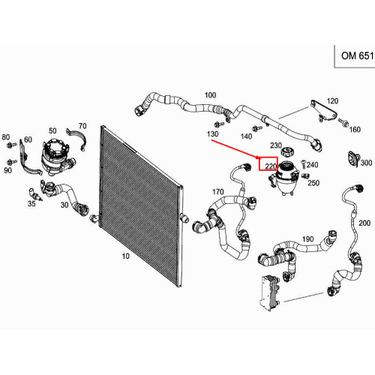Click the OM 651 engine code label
(x=358, y=55)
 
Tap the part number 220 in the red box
(x=271, y=166)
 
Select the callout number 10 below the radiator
(x=126, y=256)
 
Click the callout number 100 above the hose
(x=210, y=95)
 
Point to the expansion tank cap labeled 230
(x=286, y=151)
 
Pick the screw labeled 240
(x=303, y=163)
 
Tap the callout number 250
(x=313, y=183)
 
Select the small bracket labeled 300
(x=353, y=158)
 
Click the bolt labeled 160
(x=343, y=122)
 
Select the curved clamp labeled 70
(x=76, y=139)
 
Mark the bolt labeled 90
(x=12, y=162)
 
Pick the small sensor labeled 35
(x=35, y=194)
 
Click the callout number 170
(x=217, y=192)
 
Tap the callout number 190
(x=307, y=239)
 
